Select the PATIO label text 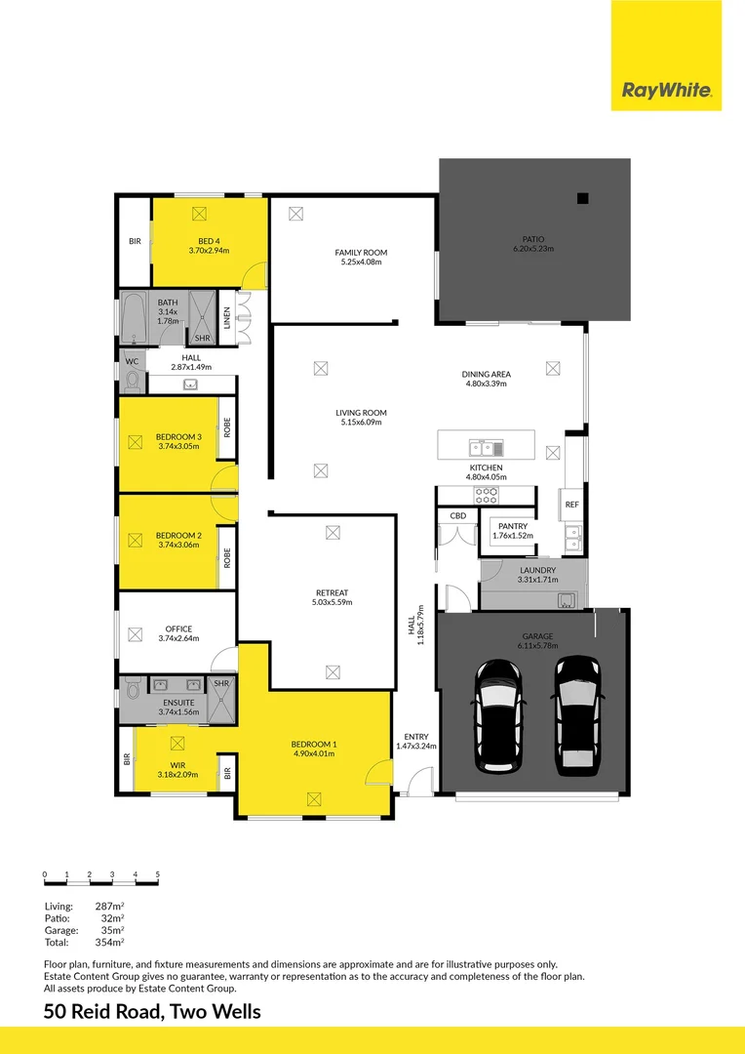pyautogui.click(x=533, y=239)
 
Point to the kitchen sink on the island pyautogui.click(x=485, y=449)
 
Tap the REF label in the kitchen pyautogui.click(x=572, y=505)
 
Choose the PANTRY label pyautogui.click(x=512, y=525)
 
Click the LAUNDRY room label pyautogui.click(x=537, y=570)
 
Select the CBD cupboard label pyautogui.click(x=457, y=515)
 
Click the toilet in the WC pyautogui.click(x=134, y=379)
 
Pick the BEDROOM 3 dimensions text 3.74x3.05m pyautogui.click(x=178, y=447)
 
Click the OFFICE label pyautogui.click(x=178, y=628)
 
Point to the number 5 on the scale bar pyautogui.click(x=157, y=874)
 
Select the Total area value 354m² pyautogui.click(x=109, y=942)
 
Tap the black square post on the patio pyautogui.click(x=582, y=199)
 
